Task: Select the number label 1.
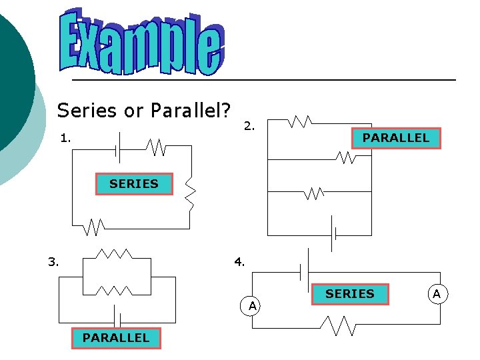(x=65, y=139)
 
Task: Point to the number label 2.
(x=248, y=125)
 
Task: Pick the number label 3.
(x=54, y=261)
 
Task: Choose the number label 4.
(x=239, y=262)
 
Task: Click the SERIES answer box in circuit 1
(x=134, y=184)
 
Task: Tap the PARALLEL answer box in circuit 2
(x=395, y=138)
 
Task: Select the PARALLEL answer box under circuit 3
(x=116, y=338)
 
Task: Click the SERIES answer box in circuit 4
(x=350, y=294)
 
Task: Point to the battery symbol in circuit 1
(x=117, y=147)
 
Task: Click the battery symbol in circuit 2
(x=333, y=235)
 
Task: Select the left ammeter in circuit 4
(x=253, y=305)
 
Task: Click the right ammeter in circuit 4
(x=437, y=294)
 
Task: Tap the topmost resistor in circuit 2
(x=299, y=122)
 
